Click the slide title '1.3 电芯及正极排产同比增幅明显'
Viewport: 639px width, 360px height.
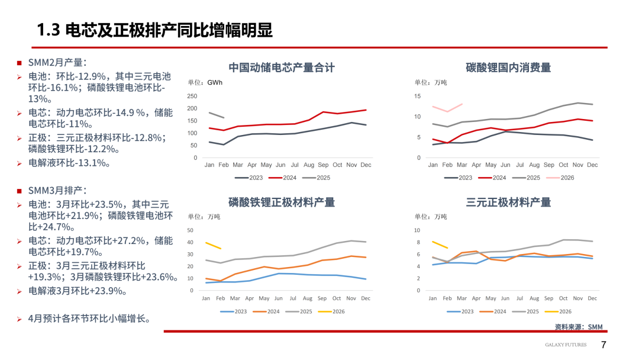[x=154, y=30]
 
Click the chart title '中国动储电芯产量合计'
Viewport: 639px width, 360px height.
[x=282, y=67]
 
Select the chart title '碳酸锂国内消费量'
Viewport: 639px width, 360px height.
[x=508, y=67]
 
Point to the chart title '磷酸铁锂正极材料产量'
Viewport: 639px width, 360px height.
[x=282, y=202]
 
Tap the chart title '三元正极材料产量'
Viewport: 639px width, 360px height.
[x=508, y=202]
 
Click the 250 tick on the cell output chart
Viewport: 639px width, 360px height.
[x=192, y=96]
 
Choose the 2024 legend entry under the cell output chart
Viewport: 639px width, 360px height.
[x=283, y=178]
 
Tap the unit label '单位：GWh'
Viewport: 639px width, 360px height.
[x=205, y=82]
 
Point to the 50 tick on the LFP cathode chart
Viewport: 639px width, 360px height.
[x=190, y=230]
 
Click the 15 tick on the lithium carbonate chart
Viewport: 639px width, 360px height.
[x=417, y=96]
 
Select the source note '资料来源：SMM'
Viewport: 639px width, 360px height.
[x=578, y=327]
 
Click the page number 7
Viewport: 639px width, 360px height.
[x=603, y=345]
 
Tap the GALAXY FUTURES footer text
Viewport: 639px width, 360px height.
[x=566, y=345]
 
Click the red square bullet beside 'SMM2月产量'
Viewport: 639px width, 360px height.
[x=19, y=62]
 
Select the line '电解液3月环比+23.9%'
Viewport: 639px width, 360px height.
[x=78, y=291]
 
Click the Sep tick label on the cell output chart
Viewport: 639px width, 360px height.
[x=323, y=165]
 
